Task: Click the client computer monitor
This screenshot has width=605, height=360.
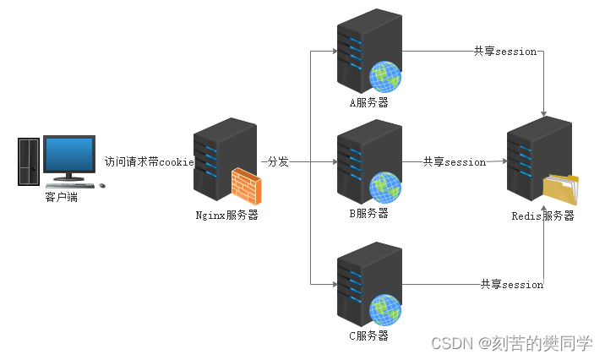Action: (x=69, y=155)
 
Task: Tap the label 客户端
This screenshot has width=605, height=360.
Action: (x=61, y=198)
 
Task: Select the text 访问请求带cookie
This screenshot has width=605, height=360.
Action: (x=150, y=161)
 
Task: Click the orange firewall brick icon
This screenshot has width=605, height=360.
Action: (x=247, y=186)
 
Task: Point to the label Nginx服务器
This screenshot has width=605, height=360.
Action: (x=226, y=215)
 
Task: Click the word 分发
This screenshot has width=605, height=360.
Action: (x=278, y=161)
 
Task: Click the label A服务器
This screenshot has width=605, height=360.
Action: (x=369, y=103)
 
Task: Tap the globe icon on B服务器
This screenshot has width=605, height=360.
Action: (x=384, y=187)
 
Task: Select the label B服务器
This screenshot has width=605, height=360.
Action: (x=369, y=213)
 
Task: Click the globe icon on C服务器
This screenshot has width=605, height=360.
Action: (x=384, y=308)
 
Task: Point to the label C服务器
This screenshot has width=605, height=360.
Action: (x=369, y=335)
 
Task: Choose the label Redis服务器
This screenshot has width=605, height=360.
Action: (x=542, y=215)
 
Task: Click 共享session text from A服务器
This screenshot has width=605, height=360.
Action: (x=504, y=51)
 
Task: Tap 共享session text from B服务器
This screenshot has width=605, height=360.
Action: (x=455, y=161)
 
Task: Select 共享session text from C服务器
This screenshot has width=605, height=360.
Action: (x=511, y=284)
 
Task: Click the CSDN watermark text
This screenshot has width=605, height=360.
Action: (x=512, y=343)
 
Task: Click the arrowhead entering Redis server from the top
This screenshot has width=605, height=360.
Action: (x=543, y=113)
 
